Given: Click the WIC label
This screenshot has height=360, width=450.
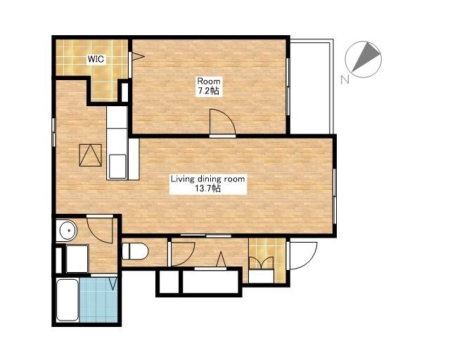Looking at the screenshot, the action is (96, 60).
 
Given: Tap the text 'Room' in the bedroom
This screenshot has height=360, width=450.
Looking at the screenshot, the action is (208, 81).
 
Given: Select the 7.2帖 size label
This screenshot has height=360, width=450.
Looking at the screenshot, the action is (208, 91).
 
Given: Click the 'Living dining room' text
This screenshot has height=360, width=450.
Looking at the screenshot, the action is (208, 179).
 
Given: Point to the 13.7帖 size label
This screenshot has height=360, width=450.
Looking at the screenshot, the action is (208, 188).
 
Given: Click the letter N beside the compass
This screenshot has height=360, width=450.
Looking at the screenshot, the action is (345, 79).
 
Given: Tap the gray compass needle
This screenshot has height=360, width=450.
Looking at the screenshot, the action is (366, 56).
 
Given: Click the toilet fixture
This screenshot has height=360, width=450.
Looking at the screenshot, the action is (135, 252).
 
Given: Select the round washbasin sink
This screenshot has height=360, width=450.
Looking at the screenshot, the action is (68, 230).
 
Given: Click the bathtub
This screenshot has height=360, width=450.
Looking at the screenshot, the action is (67, 300).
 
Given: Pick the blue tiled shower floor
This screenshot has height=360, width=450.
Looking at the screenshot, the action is (98, 300).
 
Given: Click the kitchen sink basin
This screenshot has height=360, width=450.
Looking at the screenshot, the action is (117, 167).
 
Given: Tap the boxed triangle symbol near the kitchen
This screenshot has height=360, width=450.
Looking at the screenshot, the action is (91, 155).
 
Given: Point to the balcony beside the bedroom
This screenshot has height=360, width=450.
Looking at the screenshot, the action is (311, 86).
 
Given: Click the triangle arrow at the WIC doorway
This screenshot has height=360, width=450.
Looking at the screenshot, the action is (138, 56).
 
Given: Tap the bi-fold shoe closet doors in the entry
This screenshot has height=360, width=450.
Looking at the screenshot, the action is (261, 263).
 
